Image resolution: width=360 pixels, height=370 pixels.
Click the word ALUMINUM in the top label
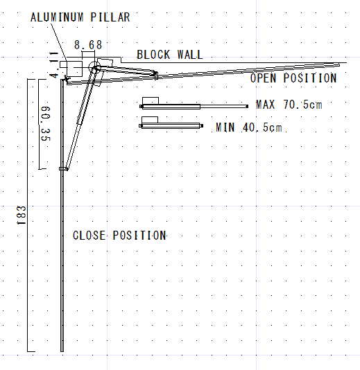pyautogui.click(x=57, y=17)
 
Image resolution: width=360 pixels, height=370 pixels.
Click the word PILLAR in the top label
pyautogui.click(x=110, y=17)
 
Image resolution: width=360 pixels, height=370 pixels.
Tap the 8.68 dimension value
pyautogui.click(x=88, y=45)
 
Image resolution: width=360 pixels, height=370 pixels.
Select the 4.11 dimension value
pyautogui.click(x=54, y=65)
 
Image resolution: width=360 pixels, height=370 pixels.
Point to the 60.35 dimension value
pyautogui.click(x=46, y=123)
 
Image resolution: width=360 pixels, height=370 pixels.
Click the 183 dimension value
pyautogui.click(x=22, y=215)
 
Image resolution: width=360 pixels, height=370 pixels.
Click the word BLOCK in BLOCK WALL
pyautogui.click(x=153, y=55)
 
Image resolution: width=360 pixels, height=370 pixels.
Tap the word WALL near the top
pyautogui.click(x=190, y=55)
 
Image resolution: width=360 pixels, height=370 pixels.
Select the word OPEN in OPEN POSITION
pyautogui.click(x=263, y=78)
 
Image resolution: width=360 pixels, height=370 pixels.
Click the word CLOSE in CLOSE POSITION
pyautogui.click(x=89, y=236)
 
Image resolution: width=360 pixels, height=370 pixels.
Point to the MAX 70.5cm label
pyautogui.click(x=289, y=105)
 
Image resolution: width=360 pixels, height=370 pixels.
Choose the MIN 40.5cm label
pyautogui.click(x=249, y=127)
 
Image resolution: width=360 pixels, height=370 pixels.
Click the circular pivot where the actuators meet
pyautogui.click(x=94, y=67)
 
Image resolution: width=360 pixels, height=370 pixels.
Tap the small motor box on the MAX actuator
pyautogui.click(x=151, y=100)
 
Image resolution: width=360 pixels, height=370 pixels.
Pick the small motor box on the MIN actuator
pyautogui.click(x=150, y=120)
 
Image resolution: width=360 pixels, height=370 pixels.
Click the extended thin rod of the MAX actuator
pyautogui.click(x=224, y=107)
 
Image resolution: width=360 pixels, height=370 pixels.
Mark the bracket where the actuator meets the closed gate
pyautogui.click(x=63, y=169)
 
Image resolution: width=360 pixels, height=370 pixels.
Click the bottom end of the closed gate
pyautogui.click(x=62, y=351)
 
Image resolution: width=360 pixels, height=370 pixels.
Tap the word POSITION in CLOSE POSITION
pyautogui.click(x=139, y=236)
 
